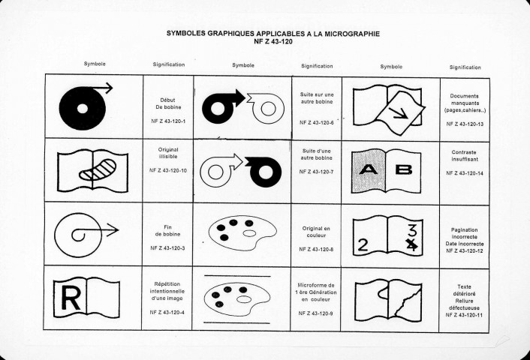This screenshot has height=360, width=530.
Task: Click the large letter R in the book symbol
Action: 71,298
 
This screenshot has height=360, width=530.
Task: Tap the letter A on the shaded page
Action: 368,169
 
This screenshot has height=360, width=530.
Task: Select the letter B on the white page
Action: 404,169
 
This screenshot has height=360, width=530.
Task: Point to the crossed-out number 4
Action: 411,244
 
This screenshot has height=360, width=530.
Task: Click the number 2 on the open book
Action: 363,244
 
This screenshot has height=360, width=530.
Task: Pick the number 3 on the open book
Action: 412,230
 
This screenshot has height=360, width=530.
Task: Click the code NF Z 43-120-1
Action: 168,121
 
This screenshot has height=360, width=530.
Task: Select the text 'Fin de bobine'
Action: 167,231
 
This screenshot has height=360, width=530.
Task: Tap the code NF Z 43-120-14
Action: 465,173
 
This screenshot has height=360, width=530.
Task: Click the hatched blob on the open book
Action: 98,169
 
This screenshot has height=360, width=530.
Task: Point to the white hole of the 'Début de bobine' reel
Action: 83,109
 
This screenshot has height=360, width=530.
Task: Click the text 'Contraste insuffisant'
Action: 464,156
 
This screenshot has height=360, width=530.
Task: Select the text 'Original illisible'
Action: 168,153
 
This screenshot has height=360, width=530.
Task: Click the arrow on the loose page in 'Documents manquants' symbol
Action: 398,113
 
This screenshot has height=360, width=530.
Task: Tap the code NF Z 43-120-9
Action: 316,313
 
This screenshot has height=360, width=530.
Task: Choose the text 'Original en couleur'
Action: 316,232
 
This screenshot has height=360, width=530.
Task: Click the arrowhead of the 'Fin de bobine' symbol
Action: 115,230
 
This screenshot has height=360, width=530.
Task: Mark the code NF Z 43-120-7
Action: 316,172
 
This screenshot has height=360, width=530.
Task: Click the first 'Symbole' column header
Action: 95,64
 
